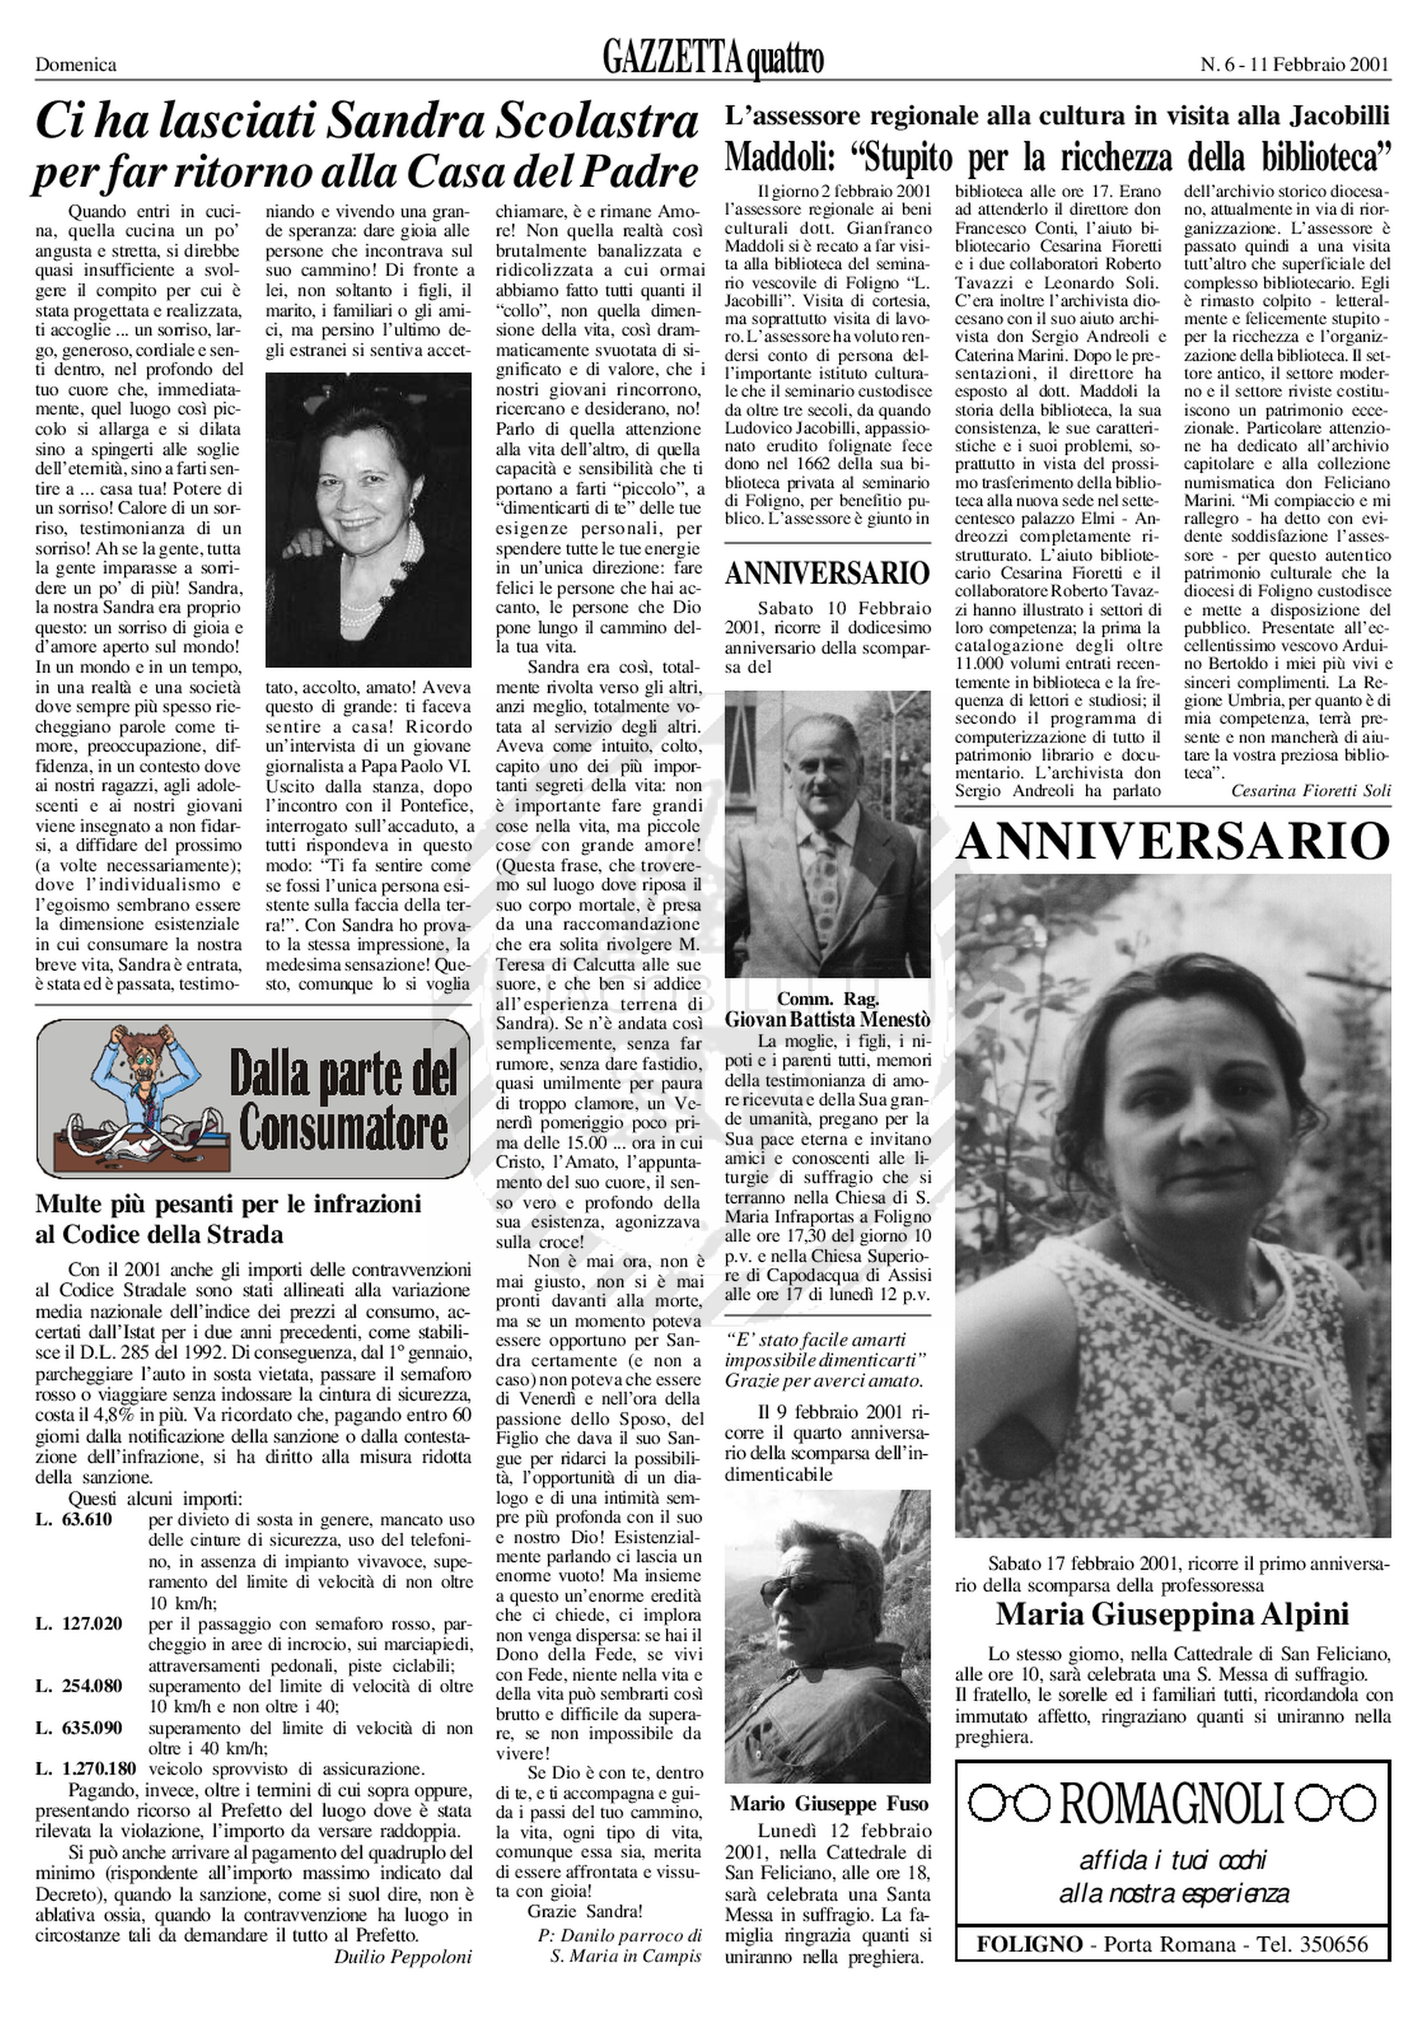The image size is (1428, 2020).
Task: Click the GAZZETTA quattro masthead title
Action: point(713,60)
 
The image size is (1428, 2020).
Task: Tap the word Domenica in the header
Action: point(75,64)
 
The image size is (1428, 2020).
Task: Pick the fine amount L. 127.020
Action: point(79,1624)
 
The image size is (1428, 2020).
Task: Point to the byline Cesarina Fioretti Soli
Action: point(1310,791)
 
